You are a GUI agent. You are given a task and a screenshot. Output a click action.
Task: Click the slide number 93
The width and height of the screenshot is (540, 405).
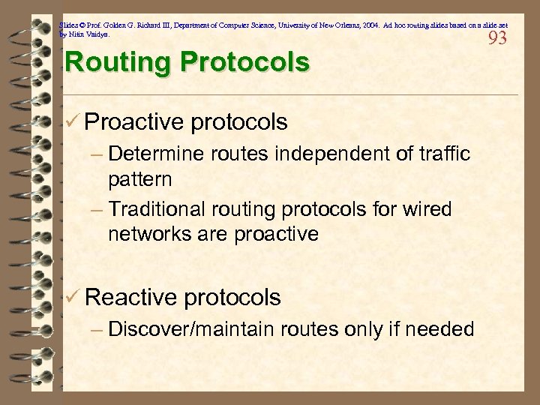[497, 37]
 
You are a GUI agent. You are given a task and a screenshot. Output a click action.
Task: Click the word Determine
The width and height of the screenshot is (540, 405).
[156, 154]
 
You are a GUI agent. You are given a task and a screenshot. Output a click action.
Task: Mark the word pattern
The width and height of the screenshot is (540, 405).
[139, 180]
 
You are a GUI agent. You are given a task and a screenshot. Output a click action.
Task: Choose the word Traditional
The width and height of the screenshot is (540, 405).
[161, 209]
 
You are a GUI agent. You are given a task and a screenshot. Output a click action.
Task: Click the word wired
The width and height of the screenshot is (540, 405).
[429, 209]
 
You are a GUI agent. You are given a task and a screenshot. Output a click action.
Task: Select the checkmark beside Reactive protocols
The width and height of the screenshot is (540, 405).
[73, 297]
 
